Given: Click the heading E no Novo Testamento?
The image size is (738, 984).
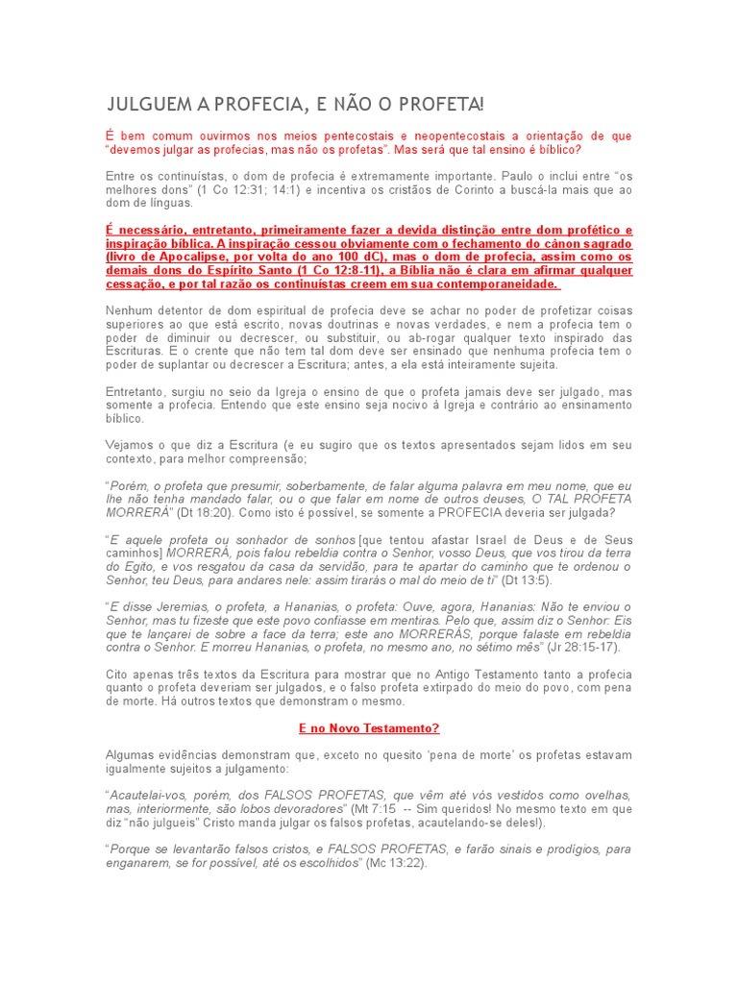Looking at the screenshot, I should click(369, 728).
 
